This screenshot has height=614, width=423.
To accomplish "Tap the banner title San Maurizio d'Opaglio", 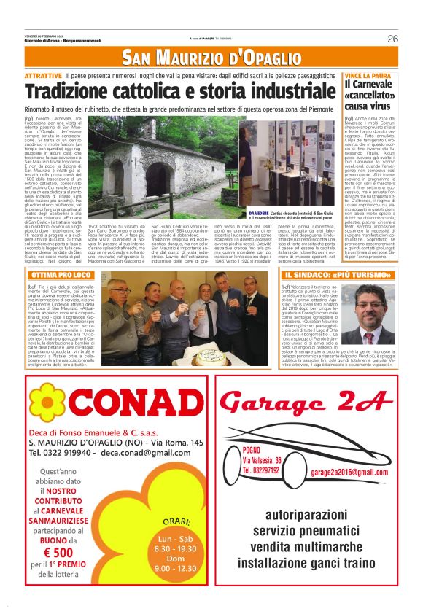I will (x=211, y=58).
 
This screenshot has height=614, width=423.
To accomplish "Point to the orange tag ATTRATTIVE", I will (x=43, y=76).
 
